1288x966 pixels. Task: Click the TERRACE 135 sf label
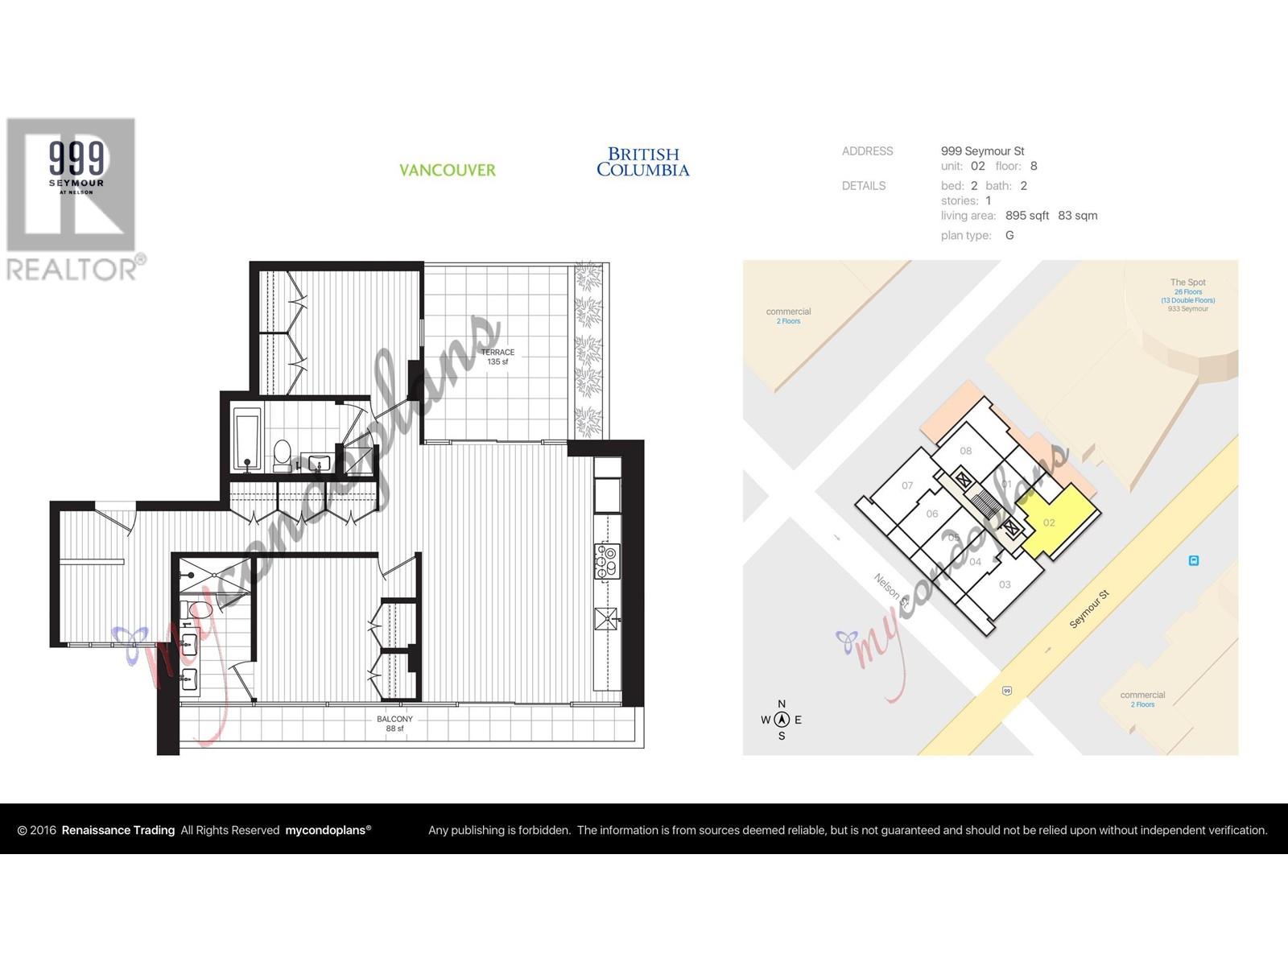pos(497,357)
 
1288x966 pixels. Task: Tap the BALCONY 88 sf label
pos(394,724)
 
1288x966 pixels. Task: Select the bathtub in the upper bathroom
pos(246,440)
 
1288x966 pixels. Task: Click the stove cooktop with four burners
pos(606,561)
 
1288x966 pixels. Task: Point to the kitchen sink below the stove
pos(606,618)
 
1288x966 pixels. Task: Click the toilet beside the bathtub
pos(282,456)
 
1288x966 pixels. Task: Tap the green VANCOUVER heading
pos(448,170)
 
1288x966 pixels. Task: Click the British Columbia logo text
pos(642,162)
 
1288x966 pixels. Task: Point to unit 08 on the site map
pos(966,451)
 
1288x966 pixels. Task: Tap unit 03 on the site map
pos(1005,584)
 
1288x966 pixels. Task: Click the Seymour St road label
pos(1089,609)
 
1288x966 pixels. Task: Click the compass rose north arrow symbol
pos(781,720)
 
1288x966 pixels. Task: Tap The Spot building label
pos(1187,283)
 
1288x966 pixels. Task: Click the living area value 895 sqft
pos(1026,216)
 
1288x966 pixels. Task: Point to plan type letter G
pos(1009,235)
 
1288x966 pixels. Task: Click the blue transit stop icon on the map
pos(1194,560)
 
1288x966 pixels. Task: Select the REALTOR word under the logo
pos(72,269)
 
